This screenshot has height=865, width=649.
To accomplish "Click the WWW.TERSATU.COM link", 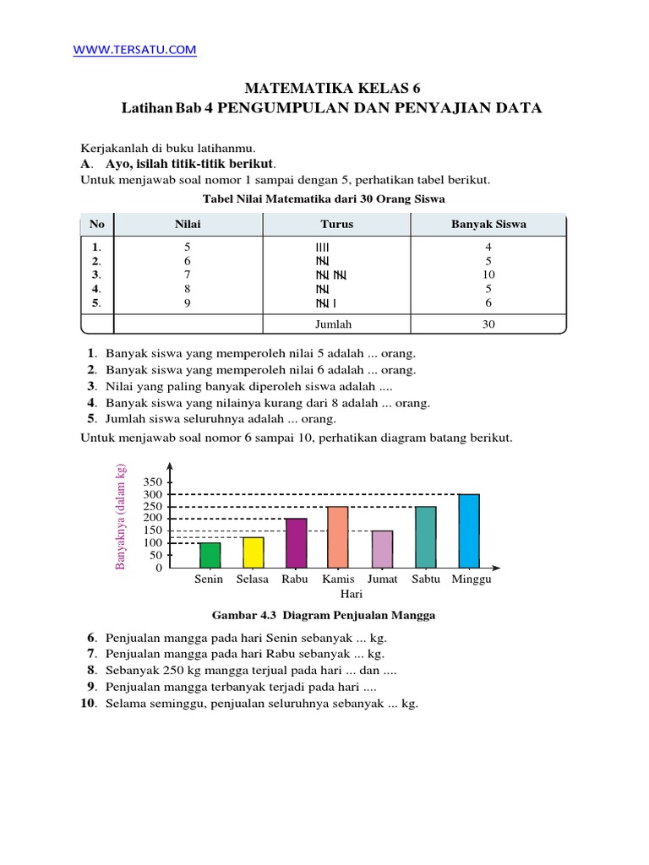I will click(135, 51).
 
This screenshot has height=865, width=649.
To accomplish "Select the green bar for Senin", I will click(210, 555).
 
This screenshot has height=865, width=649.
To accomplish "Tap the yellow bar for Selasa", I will click(253, 552).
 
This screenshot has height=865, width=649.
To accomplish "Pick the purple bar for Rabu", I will click(296, 542).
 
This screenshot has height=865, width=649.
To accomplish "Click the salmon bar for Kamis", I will click(338, 536).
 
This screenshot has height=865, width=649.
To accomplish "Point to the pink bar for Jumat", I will click(382, 549).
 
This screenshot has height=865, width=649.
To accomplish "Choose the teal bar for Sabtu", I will click(426, 536).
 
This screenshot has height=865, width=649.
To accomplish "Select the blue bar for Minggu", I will click(469, 530).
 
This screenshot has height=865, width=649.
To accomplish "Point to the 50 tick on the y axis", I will click(155, 556).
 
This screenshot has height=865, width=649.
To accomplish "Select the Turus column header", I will click(336, 225).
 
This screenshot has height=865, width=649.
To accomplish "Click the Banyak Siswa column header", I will click(488, 225).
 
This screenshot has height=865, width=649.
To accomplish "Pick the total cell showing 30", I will click(488, 324).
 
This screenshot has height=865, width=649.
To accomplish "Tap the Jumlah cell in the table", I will click(336, 324).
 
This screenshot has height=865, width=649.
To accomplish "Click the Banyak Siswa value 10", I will click(488, 275).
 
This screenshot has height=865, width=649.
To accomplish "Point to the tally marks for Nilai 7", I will click(331, 275).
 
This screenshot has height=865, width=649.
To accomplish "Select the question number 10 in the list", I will click(90, 704).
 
